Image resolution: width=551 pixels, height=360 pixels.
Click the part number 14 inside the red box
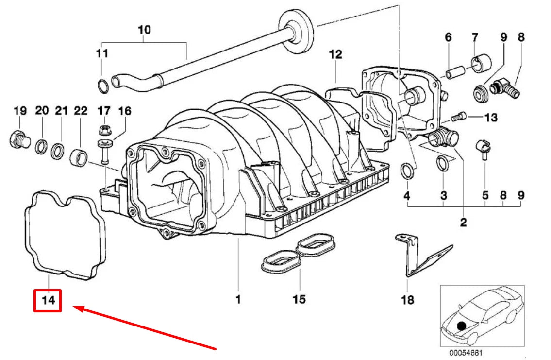click(48, 300)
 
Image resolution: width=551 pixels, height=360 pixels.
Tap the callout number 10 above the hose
click(144, 30)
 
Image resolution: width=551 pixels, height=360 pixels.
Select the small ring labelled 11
click(103, 86)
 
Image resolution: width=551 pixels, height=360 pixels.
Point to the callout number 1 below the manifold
click(238, 300)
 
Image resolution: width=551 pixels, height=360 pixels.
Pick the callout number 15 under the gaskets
click(299, 299)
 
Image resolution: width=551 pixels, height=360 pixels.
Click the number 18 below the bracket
click(408, 300)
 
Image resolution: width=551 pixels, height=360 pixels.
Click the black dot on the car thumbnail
click(461, 326)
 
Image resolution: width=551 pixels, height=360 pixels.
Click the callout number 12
click(335, 54)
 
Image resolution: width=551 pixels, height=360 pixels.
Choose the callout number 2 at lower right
click(464, 222)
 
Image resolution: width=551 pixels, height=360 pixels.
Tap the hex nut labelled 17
click(104, 130)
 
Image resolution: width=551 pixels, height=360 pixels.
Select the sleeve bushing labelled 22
click(79, 157)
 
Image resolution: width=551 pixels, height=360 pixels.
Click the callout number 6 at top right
click(448, 37)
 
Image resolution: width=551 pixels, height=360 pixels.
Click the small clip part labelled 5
click(484, 148)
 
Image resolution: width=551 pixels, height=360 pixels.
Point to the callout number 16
click(124, 111)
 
